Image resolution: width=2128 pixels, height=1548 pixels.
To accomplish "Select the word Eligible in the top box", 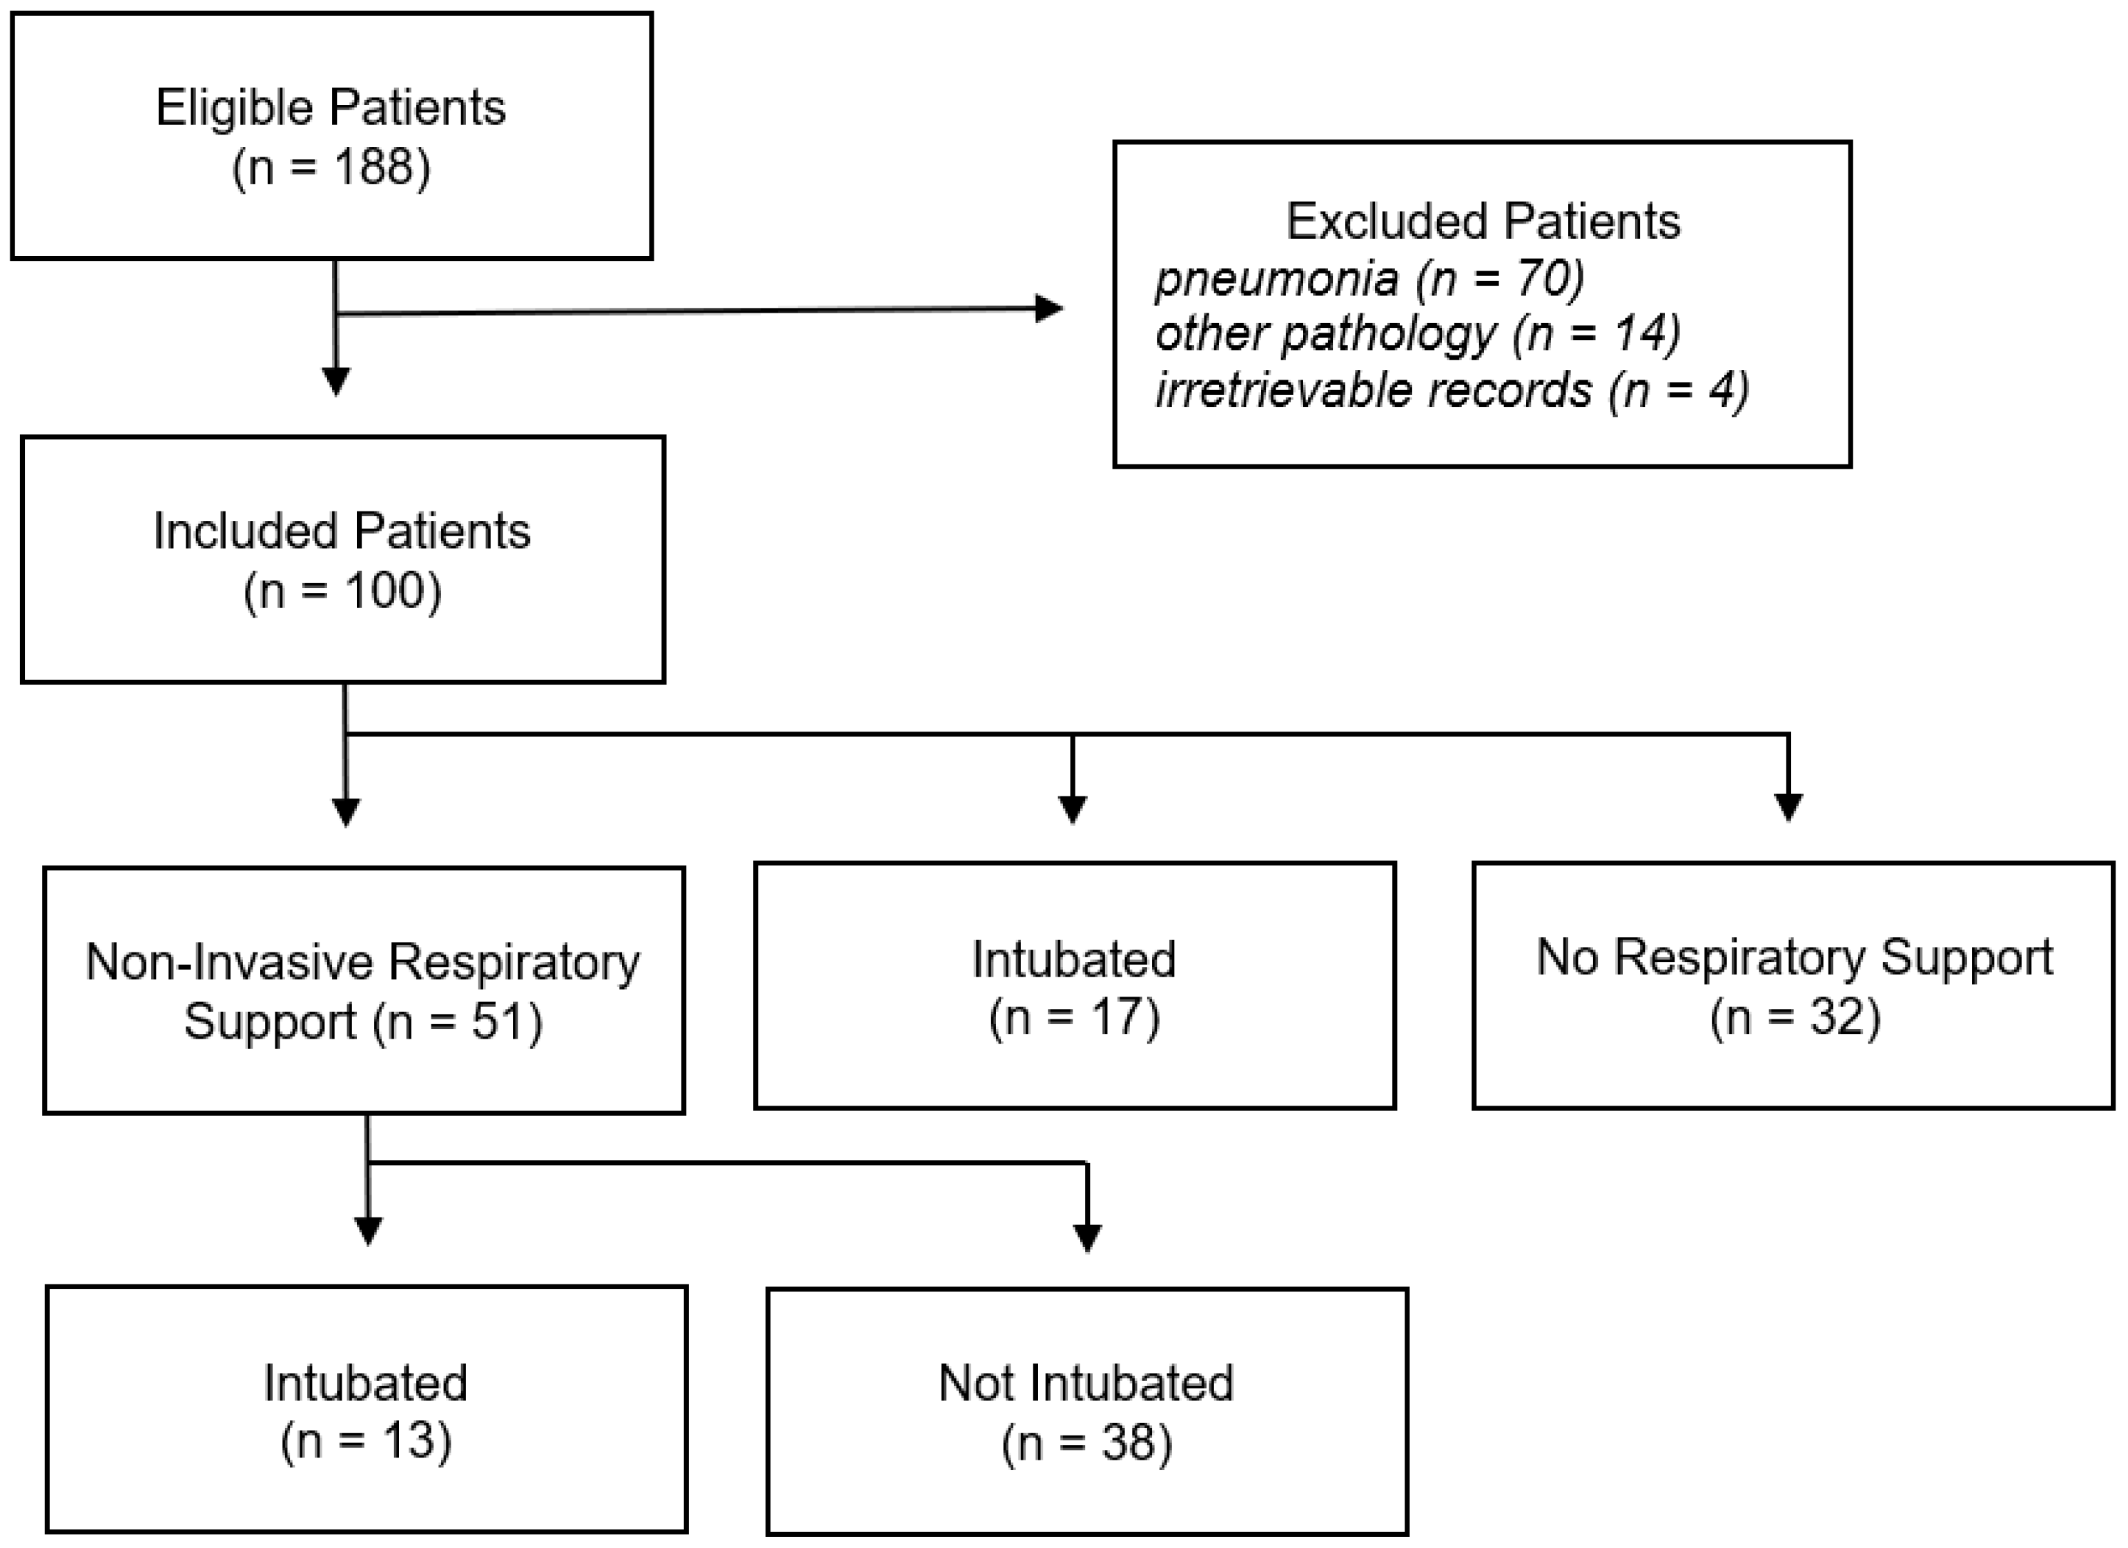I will point(233,108).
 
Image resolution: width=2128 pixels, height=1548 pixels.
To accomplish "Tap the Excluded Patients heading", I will point(1483,222).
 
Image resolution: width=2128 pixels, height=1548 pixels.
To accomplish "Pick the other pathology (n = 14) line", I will point(1417,334).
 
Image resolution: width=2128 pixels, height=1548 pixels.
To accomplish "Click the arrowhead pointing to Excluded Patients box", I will point(1049,308).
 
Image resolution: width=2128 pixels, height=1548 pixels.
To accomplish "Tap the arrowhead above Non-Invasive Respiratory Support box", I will point(346,812).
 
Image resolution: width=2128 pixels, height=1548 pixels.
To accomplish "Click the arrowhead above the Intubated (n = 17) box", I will point(1073,809).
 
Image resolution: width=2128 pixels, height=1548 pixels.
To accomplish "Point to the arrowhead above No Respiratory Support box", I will point(1788,807).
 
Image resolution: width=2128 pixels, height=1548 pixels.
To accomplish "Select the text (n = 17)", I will point(1074,1018).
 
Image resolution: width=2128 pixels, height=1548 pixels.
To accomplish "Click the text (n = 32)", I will point(1795,1018).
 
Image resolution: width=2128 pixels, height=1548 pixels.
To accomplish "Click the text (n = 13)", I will point(366,1441).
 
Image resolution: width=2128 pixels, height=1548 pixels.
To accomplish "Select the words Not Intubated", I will point(1086,1383).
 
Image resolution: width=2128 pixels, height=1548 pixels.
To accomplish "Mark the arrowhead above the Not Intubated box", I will point(1086,1237).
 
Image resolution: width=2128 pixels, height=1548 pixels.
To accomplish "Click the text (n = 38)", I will point(1086,1443).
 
